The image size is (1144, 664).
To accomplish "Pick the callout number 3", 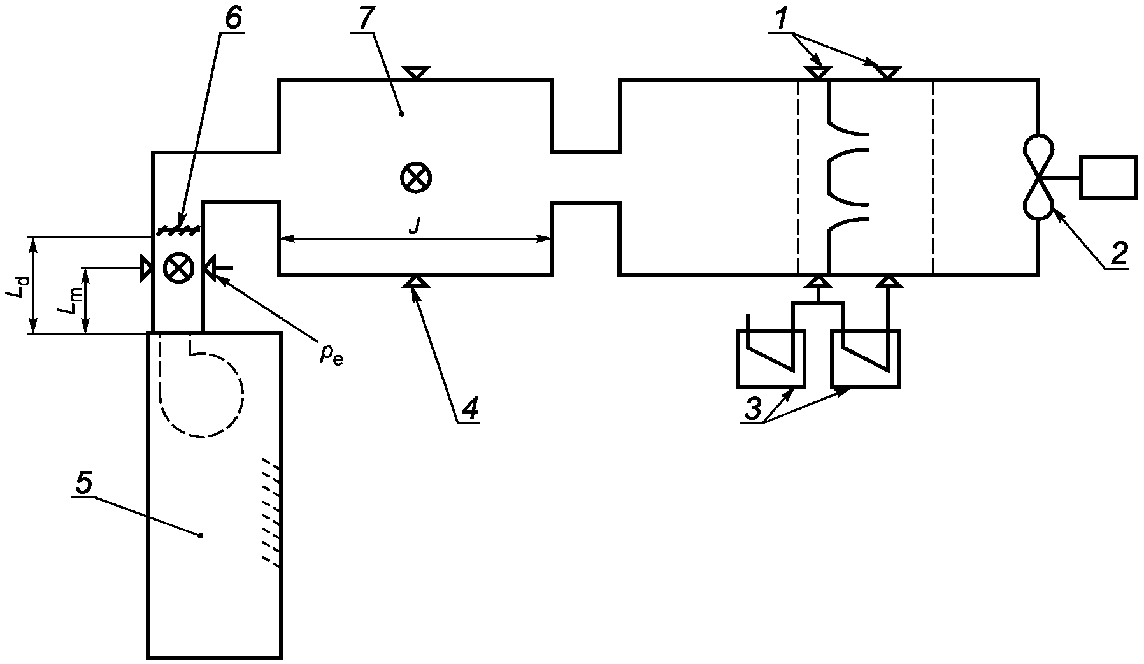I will [x=753, y=408].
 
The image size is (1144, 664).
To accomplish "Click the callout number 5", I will [x=84, y=482].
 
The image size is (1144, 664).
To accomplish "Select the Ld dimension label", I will [x=18, y=285].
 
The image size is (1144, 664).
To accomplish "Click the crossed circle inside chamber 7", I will [x=415, y=177].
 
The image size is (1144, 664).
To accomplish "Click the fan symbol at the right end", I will [x=1039, y=178].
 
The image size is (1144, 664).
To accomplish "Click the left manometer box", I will [x=771, y=359].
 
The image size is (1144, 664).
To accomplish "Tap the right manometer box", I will [x=866, y=359].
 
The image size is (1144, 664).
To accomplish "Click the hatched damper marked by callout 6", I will [x=179, y=227].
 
